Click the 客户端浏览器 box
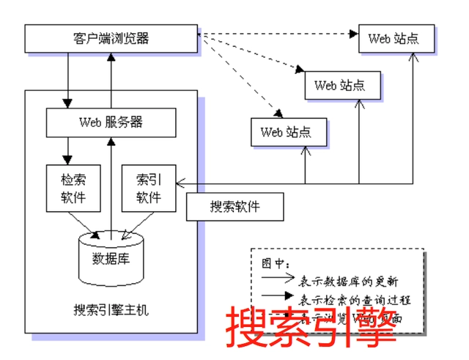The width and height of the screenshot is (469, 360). (111, 38)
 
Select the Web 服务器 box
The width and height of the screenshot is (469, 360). (111, 122)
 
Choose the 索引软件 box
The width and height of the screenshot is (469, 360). (149, 188)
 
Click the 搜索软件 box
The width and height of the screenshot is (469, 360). (234, 207)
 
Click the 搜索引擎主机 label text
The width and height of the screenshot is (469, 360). (111, 310)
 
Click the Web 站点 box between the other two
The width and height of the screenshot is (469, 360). (342, 85)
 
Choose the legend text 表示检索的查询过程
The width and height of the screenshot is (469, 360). (355, 299)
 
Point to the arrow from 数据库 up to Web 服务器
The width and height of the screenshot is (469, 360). (111, 183)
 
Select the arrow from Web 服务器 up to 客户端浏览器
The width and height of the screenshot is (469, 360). (110, 81)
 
